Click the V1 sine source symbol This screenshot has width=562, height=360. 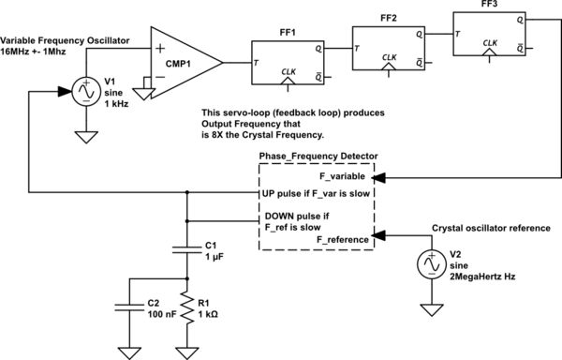tap(86, 93)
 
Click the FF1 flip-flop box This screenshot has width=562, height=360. tap(285, 63)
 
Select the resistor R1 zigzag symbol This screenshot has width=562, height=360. tap(188, 310)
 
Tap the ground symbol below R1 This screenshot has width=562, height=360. tap(188, 352)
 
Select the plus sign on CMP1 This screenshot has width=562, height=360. tap(160, 49)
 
